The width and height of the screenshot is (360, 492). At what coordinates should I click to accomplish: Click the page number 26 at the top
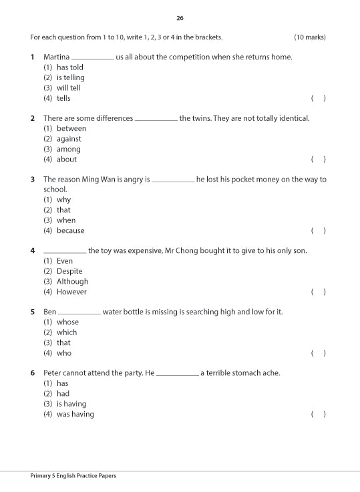pyautogui.click(x=180, y=17)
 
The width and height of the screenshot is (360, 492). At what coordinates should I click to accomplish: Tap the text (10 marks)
pyautogui.click(x=310, y=37)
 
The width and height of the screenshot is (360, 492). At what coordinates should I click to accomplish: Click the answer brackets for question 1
pyautogui.click(x=318, y=98)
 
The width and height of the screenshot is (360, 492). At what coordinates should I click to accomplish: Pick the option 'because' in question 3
pyautogui.click(x=70, y=230)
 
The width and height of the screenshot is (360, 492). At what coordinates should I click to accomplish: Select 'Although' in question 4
pyautogui.click(x=72, y=281)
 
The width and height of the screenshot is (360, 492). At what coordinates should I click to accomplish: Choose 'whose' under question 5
pyautogui.click(x=67, y=322)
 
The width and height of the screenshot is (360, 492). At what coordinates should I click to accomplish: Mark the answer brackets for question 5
pyautogui.click(x=318, y=352)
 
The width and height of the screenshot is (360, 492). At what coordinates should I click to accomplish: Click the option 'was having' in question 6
pyautogui.click(x=75, y=414)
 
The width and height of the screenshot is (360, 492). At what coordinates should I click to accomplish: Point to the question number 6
pyautogui.click(x=32, y=373)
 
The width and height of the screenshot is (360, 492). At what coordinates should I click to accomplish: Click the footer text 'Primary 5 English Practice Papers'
pyautogui.click(x=73, y=476)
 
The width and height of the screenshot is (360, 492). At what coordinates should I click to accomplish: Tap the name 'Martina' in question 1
pyautogui.click(x=56, y=57)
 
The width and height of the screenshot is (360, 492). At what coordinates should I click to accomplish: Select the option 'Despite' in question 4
pyautogui.click(x=69, y=271)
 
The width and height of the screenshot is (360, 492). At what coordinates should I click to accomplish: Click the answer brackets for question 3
pyautogui.click(x=318, y=230)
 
